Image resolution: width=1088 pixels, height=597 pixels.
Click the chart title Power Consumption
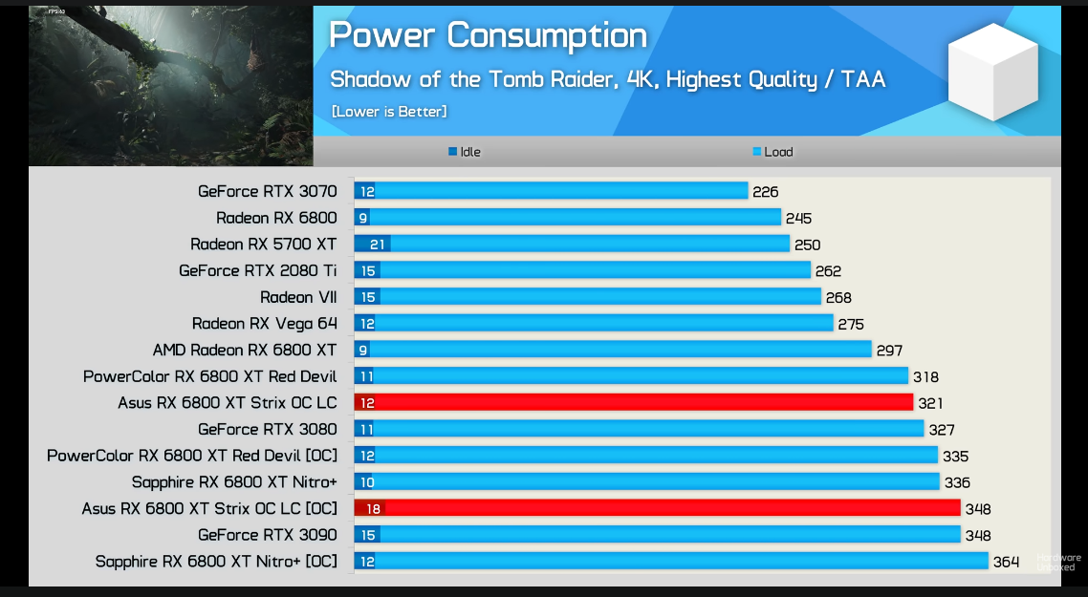pos(488,36)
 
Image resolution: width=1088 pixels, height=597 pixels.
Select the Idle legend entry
pos(465,152)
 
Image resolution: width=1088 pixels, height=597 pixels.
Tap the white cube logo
pos(992,73)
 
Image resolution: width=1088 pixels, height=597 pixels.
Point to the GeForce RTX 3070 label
pos(267,191)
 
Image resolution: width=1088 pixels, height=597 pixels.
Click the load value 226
pos(765,192)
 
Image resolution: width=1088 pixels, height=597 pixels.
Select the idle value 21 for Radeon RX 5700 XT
pos(377,245)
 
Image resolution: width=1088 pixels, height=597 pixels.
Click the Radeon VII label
pos(298,297)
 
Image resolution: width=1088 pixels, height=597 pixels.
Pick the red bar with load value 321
pos(633,403)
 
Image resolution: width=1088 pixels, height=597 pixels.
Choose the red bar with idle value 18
pos(657,508)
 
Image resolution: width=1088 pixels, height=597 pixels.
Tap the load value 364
pos(1006,562)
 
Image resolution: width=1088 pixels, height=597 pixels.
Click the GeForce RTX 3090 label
pos(267,535)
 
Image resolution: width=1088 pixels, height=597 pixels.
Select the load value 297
pos(889,351)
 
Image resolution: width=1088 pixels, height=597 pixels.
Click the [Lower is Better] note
pos(389,112)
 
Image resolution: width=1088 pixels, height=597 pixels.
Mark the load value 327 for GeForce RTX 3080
pos(942,430)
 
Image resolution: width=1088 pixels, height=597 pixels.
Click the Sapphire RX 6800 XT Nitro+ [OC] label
pos(216,562)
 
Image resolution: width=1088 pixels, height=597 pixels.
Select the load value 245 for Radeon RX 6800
pos(798,219)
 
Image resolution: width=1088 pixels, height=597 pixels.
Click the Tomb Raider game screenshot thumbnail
pos(170,73)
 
